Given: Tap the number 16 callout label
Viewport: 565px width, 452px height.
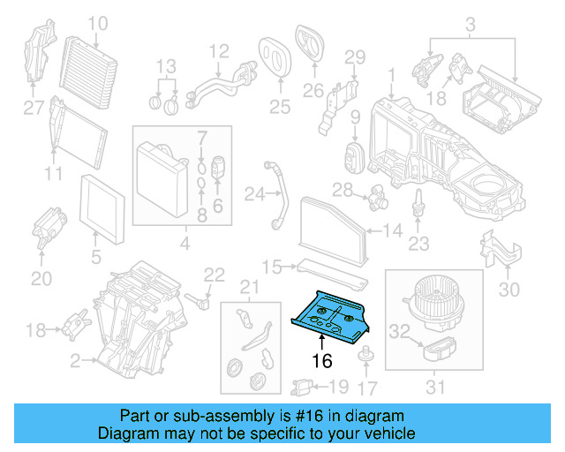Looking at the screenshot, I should (x=320, y=360).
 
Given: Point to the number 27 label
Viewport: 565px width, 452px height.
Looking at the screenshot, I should (x=33, y=109).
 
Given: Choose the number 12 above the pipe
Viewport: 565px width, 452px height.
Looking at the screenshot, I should (x=219, y=50).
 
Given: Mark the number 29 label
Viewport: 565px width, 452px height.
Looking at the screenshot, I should (x=354, y=58).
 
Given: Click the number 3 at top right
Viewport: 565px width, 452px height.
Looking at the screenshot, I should (x=471, y=22).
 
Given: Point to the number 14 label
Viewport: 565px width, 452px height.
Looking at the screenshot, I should (x=393, y=231).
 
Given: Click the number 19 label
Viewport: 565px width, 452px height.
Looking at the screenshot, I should (x=339, y=386).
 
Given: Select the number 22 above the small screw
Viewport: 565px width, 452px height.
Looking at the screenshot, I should (x=215, y=275).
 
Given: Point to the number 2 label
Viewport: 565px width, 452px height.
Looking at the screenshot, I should (x=75, y=359).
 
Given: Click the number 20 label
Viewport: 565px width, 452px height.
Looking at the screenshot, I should (x=41, y=279).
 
